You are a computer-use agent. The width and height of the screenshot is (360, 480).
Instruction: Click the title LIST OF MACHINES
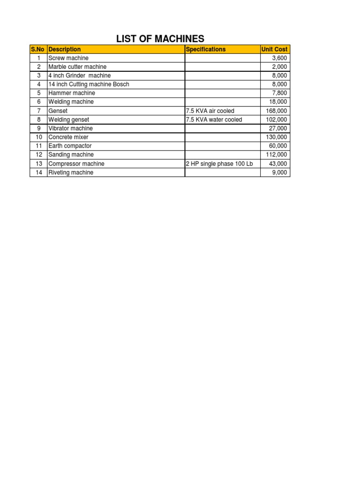[160, 38]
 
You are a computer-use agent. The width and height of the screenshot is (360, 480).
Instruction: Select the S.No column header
[38, 49]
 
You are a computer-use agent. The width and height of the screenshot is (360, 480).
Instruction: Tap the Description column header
[65, 49]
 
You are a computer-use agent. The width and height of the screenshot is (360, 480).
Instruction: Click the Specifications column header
[206, 49]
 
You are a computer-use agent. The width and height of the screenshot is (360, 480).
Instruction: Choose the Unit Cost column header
[275, 49]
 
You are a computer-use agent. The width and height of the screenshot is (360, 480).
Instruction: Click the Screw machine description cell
[68, 58]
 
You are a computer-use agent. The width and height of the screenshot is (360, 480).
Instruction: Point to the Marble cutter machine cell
[77, 67]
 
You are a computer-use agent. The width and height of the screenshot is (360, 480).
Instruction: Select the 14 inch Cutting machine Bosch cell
[89, 84]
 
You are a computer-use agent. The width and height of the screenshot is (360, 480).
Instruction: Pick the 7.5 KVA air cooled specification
[210, 111]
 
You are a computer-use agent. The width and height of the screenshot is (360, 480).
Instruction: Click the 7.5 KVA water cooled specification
[214, 120]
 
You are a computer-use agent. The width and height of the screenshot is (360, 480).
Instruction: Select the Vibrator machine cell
[71, 128]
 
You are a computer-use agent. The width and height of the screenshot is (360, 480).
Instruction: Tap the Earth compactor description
[70, 146]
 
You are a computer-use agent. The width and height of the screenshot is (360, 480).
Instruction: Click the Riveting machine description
[71, 172]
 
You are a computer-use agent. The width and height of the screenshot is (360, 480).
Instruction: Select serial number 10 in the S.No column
[38, 137]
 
